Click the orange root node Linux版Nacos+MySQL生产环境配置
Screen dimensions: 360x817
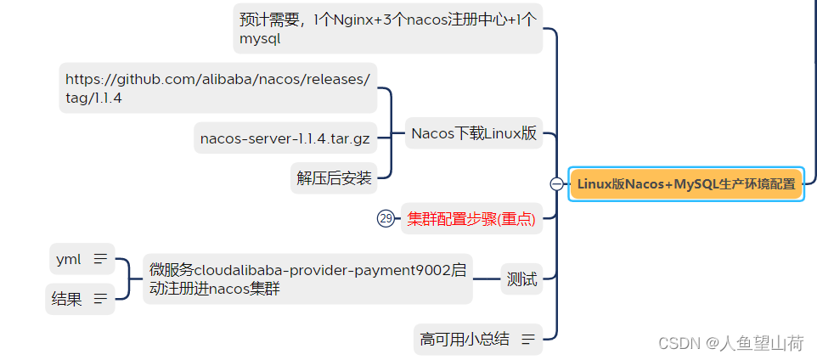point(686,183)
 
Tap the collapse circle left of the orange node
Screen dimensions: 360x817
point(556,183)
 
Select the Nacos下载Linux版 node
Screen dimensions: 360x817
point(474,133)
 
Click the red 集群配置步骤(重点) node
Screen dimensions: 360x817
point(471,219)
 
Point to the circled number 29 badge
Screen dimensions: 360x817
point(386,219)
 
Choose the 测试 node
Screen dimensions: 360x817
point(522,278)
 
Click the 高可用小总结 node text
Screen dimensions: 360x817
point(465,340)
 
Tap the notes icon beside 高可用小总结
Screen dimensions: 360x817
point(528,340)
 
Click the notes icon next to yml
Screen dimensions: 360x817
point(100,259)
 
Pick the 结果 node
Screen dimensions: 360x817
point(67,298)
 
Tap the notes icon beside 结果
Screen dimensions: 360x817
point(100,298)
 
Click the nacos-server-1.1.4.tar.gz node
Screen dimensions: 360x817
point(284,138)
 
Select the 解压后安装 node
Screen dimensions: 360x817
point(334,177)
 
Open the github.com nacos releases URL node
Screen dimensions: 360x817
point(217,80)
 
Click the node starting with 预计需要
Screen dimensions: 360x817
point(387,19)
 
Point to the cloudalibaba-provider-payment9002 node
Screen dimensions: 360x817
point(307,278)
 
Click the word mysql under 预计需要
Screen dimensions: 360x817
point(260,38)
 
